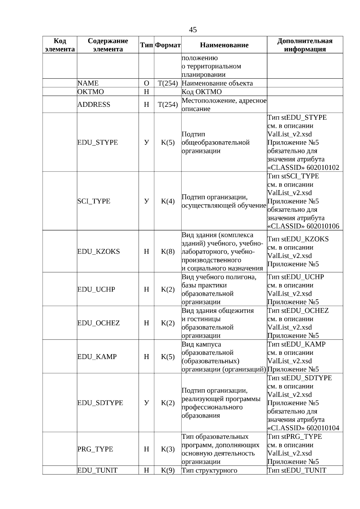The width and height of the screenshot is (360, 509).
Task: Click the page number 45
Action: [x=193, y=30]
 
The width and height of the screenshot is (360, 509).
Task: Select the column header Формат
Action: [x=168, y=45]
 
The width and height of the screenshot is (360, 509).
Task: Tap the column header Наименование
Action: [x=224, y=45]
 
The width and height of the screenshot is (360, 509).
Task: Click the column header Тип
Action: [x=146, y=45]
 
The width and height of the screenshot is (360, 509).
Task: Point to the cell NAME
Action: [x=88, y=83]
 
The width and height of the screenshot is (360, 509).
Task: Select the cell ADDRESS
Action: [x=94, y=104]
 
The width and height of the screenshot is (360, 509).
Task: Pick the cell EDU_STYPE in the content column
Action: [x=97, y=142]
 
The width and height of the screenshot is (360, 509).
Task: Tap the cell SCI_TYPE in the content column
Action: [x=94, y=201]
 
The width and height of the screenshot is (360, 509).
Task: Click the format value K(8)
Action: [x=168, y=251]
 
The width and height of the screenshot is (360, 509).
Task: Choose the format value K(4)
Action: [x=168, y=201]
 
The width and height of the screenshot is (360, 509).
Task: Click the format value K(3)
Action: [x=168, y=449]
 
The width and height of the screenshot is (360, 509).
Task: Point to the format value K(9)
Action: [x=168, y=470]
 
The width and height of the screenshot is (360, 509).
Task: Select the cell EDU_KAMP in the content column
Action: [x=97, y=357]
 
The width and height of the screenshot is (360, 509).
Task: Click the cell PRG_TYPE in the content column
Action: [x=95, y=449]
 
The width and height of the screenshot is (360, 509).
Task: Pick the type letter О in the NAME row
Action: [x=146, y=83]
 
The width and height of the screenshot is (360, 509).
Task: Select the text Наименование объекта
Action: [x=217, y=83]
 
